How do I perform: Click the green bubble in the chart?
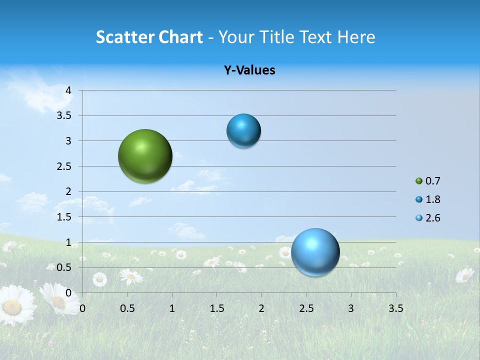point(145,156)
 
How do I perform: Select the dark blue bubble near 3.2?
point(243,130)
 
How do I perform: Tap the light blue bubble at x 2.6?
point(315,252)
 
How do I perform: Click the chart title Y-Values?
point(249,70)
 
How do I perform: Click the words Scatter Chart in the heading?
point(149,37)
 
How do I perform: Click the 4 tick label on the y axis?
point(68,90)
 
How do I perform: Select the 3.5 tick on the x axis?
point(395,308)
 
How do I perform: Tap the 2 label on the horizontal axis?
point(261,308)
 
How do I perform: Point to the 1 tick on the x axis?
point(172,308)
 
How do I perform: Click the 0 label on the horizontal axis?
point(82,308)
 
